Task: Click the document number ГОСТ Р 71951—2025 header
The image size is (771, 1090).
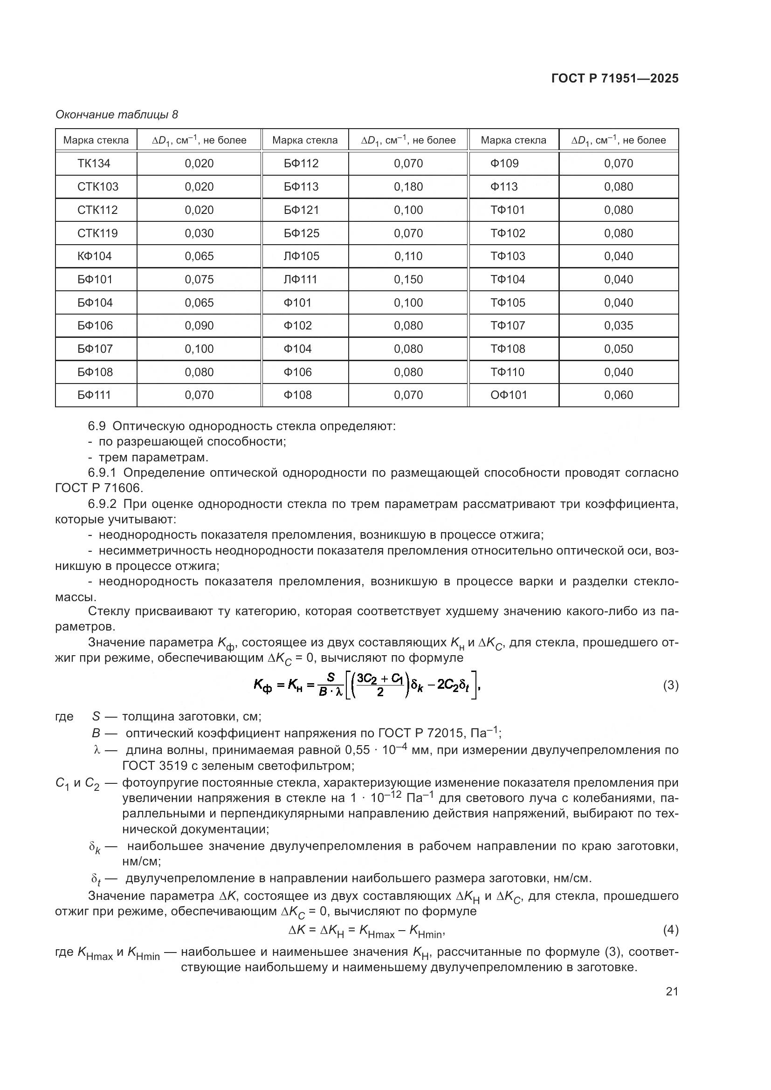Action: click(615, 78)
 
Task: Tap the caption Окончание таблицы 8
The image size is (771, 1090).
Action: click(117, 115)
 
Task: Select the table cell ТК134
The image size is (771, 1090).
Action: click(94, 163)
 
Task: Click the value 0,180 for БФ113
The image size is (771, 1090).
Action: click(408, 186)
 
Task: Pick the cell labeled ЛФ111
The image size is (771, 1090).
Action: click(300, 279)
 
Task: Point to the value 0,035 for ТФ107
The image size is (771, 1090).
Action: click(618, 325)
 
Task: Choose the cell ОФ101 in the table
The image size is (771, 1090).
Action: click(509, 395)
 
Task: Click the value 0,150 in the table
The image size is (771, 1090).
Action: click(408, 279)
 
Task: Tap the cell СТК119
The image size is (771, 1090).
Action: click(97, 233)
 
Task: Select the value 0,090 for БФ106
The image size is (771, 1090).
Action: click(199, 325)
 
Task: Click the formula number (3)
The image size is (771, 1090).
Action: click(670, 685)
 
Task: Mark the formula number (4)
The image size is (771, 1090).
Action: click(670, 930)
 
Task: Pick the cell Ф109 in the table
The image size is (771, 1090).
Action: click(504, 163)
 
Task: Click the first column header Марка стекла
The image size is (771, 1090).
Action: click(96, 140)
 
